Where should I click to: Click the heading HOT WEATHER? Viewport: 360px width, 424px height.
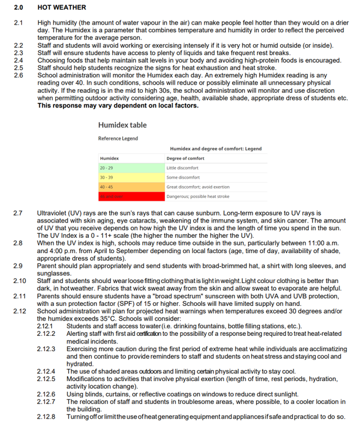[61, 8]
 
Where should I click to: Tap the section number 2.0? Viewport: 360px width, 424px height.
[18, 8]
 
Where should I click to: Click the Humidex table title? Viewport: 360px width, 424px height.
[122, 125]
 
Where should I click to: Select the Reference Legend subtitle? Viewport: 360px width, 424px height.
[117, 139]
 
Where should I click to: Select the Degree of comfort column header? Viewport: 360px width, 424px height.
[185, 159]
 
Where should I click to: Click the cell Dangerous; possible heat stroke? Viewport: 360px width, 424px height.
[198, 196]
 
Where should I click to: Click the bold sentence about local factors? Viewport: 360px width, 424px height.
[117, 106]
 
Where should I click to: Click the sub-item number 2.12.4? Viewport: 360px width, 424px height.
[45, 372]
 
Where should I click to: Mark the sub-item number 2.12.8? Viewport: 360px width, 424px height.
[45, 416]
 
